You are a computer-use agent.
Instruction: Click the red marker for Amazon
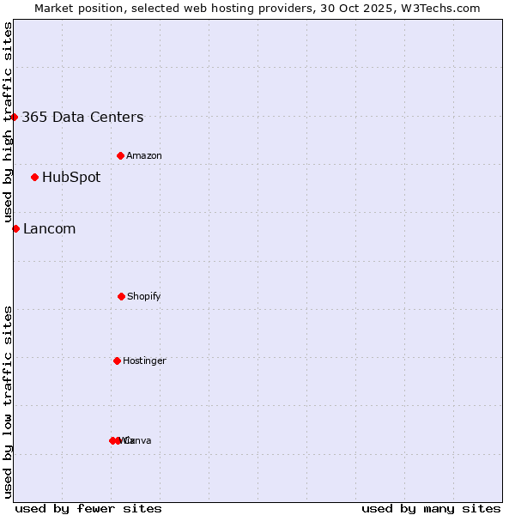[x=120, y=155]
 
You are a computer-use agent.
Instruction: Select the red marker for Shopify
[x=121, y=296]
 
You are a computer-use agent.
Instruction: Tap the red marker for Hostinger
[x=117, y=360]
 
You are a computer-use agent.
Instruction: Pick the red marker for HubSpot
[x=34, y=178]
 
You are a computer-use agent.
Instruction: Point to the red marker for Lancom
[x=15, y=228]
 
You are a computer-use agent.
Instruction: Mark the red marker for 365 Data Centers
[x=15, y=117]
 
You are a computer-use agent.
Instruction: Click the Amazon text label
[x=144, y=155]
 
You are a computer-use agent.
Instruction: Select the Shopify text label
[x=144, y=296]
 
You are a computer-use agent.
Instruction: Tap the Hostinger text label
[x=144, y=360]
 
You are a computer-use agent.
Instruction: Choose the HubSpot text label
[x=71, y=178]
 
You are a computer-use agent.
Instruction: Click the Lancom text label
[x=49, y=228]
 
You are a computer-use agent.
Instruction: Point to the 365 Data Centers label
[x=82, y=117]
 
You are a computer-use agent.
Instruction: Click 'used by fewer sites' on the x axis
[x=88, y=508]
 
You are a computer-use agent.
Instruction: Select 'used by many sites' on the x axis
[x=431, y=508]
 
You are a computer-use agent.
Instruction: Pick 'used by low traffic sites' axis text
[x=8, y=402]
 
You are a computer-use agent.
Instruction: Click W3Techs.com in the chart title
[x=441, y=8]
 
